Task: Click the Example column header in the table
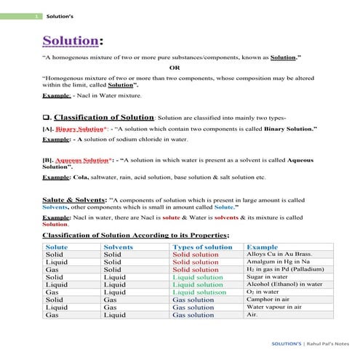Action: (x=263, y=247)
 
